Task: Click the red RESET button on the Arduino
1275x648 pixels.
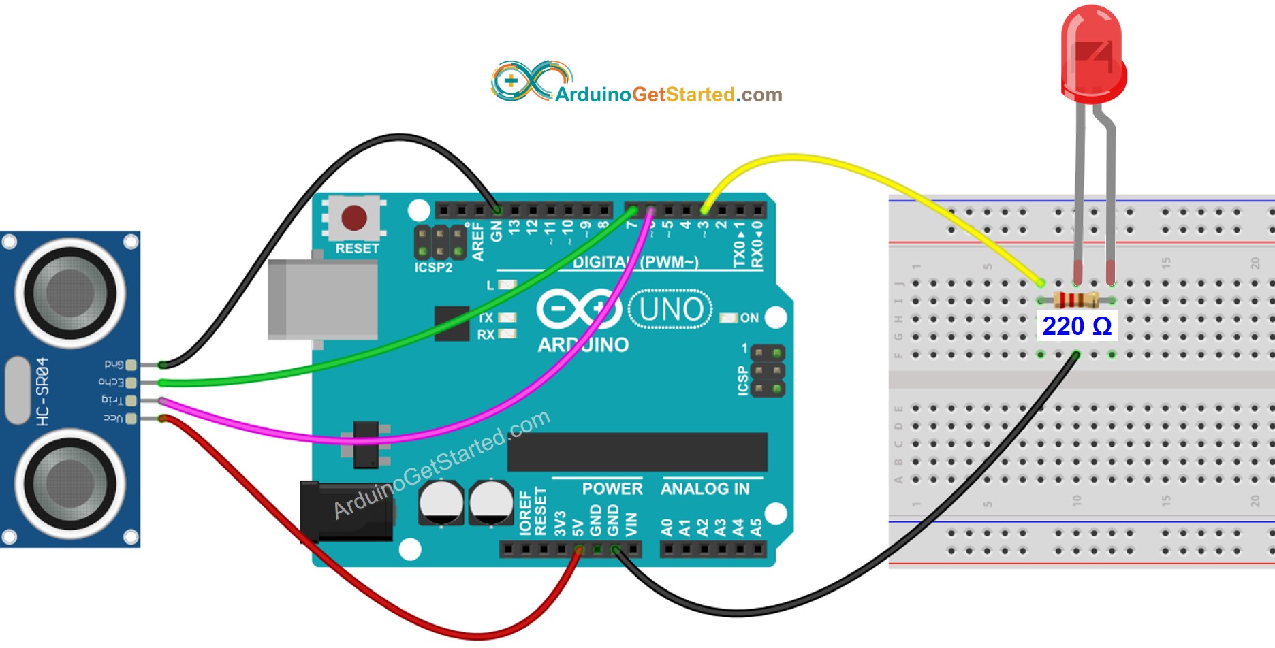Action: [x=354, y=218]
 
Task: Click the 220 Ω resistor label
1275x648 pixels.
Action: [x=1077, y=326]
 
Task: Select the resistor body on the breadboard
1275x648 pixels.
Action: [x=1075, y=299]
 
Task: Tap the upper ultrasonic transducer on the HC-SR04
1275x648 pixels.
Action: [x=70, y=293]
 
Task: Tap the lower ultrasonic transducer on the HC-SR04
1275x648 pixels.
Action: [x=70, y=484]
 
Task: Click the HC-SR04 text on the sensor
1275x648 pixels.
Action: [x=43, y=391]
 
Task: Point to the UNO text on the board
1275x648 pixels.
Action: [x=671, y=310]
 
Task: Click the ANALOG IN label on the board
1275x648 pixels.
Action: [x=705, y=489]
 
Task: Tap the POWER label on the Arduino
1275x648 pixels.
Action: [x=612, y=489]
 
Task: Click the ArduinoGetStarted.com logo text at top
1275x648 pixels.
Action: [x=668, y=95]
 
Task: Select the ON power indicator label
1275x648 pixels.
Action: [x=749, y=318]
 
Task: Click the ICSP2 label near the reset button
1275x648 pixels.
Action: [x=433, y=268]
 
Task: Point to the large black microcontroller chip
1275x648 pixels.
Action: [x=637, y=452]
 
